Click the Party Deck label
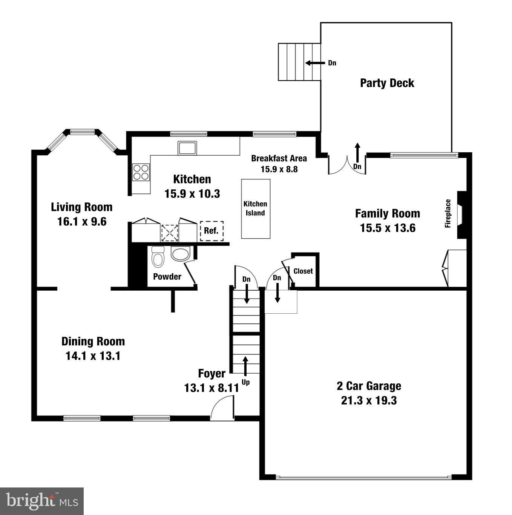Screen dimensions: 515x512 [x=387, y=83]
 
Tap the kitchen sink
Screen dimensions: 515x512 [x=187, y=148]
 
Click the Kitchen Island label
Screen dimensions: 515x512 [x=255, y=208]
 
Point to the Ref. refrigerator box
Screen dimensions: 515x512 [x=212, y=231]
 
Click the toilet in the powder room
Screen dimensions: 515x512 [x=157, y=257]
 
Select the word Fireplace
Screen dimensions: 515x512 [x=448, y=213]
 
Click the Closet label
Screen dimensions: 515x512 [x=303, y=271]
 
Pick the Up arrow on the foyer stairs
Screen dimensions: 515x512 [x=245, y=365]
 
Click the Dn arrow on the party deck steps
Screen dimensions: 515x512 [x=315, y=63]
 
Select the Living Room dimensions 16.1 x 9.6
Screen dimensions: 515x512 [x=82, y=222]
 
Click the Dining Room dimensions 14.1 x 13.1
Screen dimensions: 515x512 [x=93, y=356]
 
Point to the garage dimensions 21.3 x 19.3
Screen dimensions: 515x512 [x=369, y=400]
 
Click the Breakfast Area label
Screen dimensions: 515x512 [x=279, y=158]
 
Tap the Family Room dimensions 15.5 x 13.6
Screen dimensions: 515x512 [x=388, y=228]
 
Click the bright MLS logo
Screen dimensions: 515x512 [x=42, y=501]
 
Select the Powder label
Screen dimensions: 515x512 [x=167, y=277]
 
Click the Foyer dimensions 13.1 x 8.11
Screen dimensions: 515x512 [x=212, y=388]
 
